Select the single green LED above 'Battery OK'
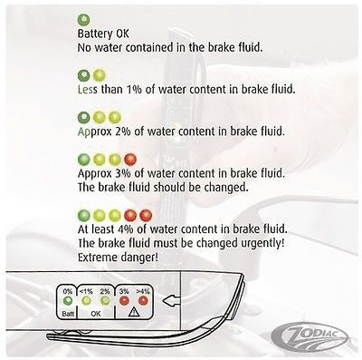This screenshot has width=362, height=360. [x=84, y=19]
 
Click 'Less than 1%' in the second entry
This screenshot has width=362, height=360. [x=118, y=88]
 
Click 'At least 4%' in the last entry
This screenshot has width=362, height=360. [x=117, y=231]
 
